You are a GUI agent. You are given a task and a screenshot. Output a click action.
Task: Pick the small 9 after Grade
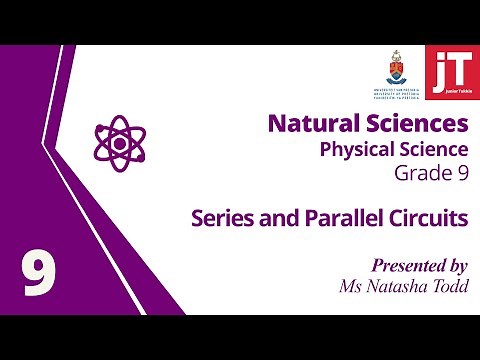(462, 174)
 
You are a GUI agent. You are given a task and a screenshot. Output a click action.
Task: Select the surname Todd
(451, 287)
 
